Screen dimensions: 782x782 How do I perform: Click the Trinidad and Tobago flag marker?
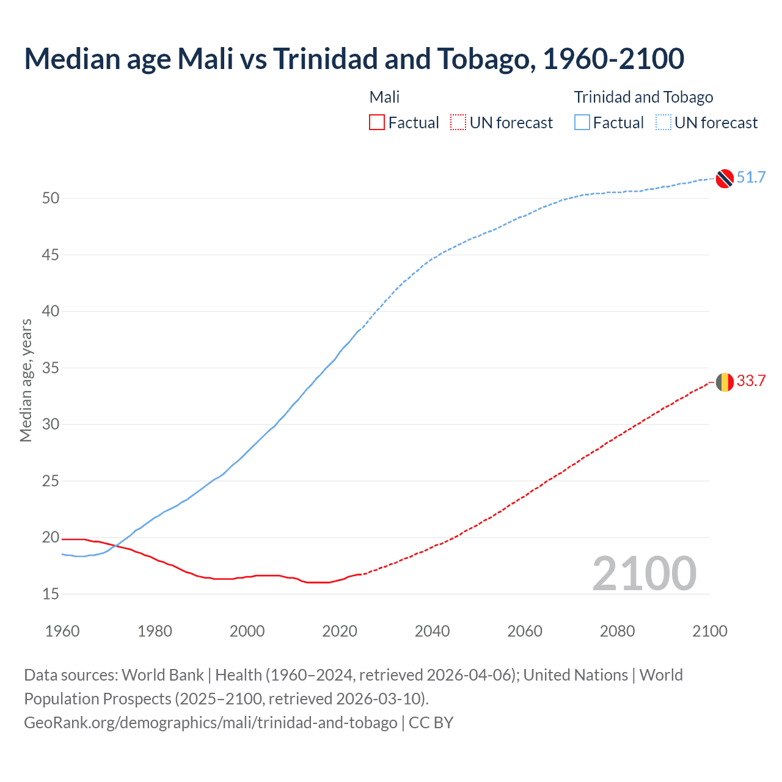725,178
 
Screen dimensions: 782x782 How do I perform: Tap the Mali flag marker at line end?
725,382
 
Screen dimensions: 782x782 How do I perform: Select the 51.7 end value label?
751,178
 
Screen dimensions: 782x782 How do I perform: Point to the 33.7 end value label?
751,381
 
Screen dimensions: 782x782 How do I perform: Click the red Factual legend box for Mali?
377,123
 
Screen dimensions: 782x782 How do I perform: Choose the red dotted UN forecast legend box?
458,123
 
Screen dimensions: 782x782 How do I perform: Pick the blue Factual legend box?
582,123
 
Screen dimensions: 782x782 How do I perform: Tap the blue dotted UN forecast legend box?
663,123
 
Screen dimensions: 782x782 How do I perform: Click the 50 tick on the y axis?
51,198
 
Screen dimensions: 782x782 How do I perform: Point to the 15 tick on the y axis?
51,594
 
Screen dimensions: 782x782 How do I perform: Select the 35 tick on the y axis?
51,368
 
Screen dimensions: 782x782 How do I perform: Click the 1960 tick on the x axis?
62,631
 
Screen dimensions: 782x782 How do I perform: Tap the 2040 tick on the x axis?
432,631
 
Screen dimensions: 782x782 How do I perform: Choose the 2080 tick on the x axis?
617,631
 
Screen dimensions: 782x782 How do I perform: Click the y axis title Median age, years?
26,380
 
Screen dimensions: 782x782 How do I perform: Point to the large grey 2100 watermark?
644,574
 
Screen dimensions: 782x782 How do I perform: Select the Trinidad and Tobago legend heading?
643,97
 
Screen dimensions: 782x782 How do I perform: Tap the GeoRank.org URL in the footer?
210,723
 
